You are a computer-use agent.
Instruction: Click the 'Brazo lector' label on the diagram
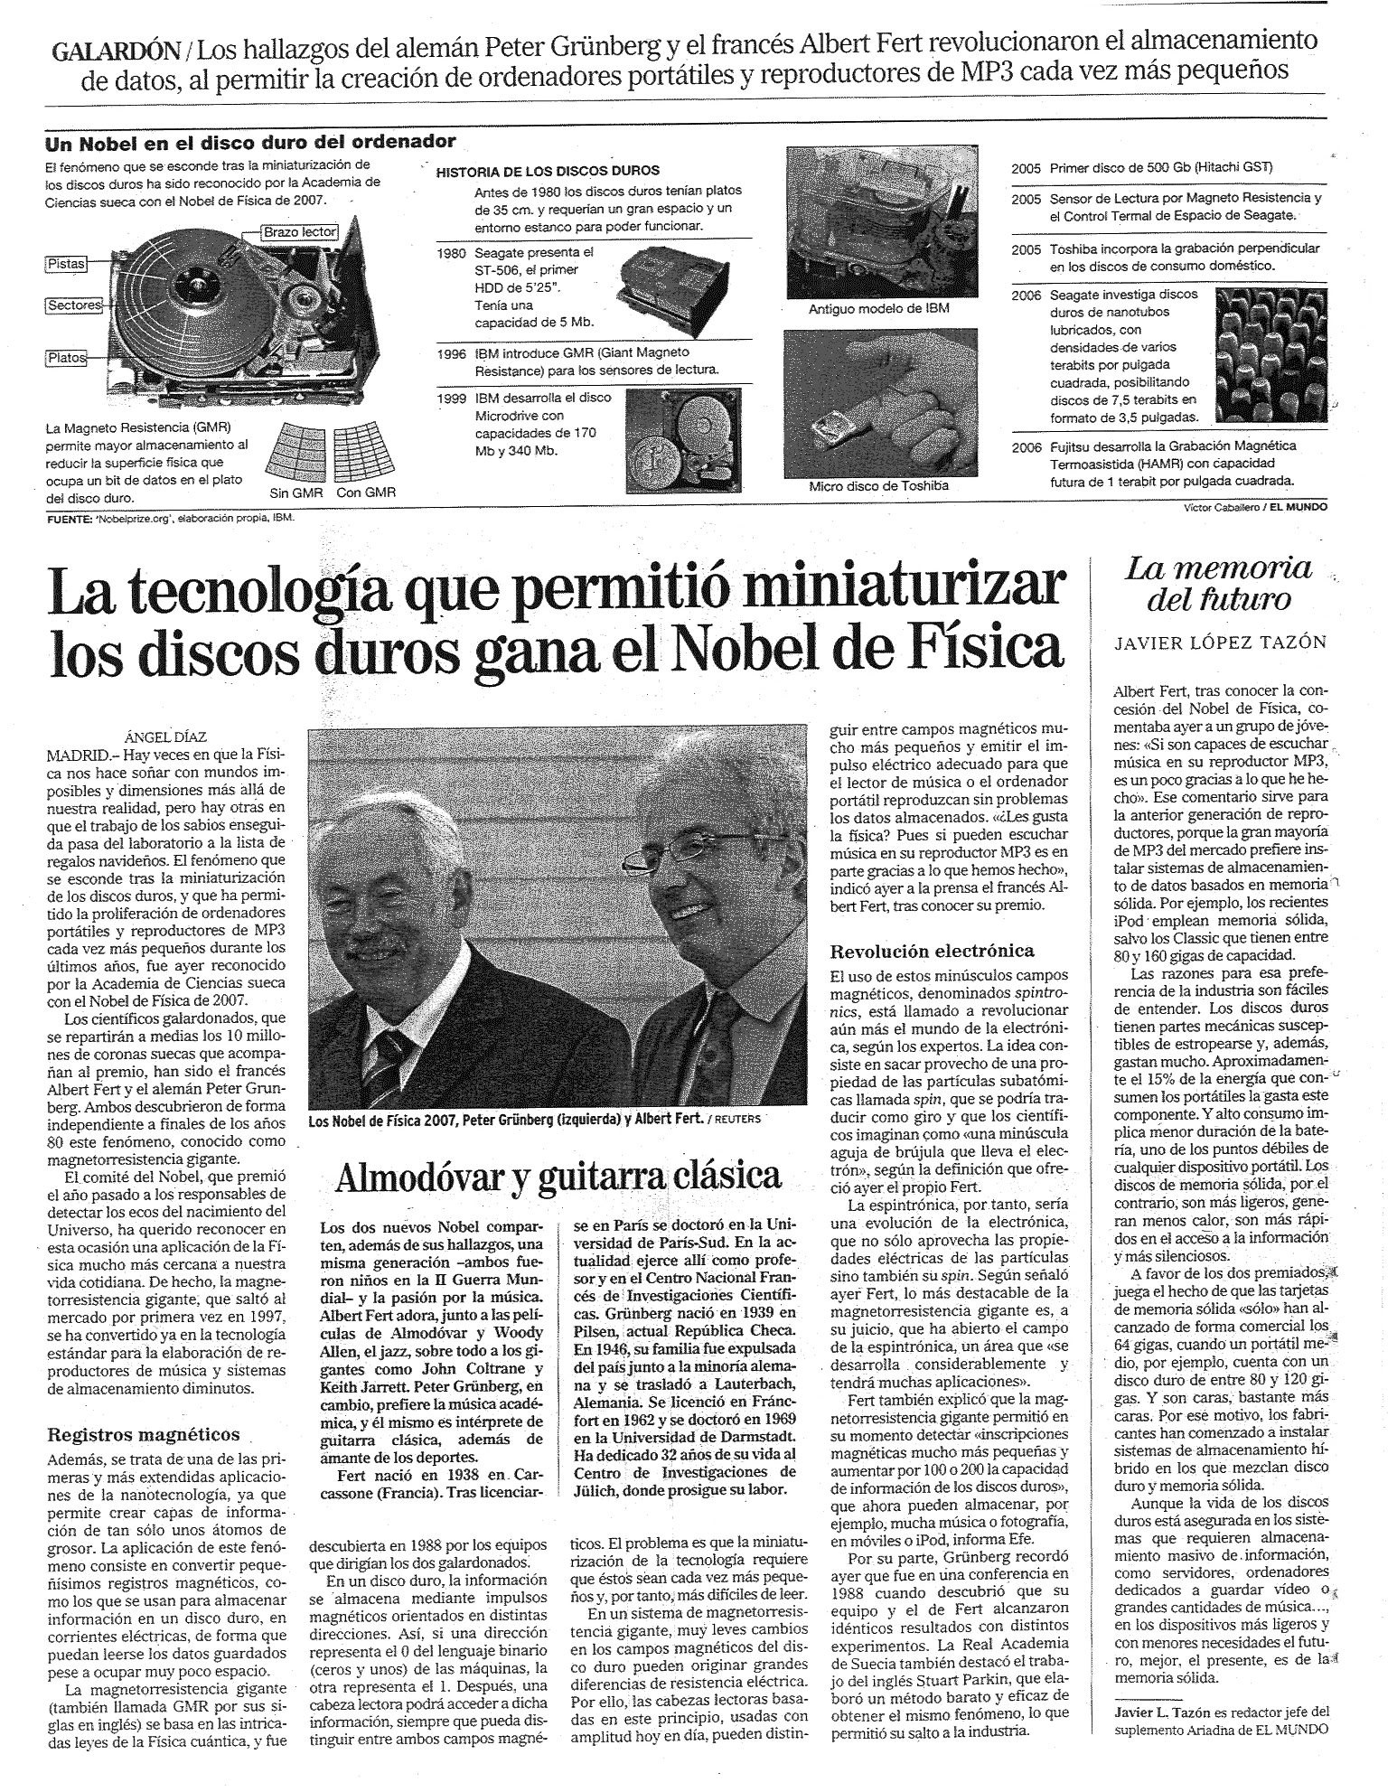pyautogui.click(x=299, y=232)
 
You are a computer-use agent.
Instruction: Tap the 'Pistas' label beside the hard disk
pyautogui.click(x=65, y=264)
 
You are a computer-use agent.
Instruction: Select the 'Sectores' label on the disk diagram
pyautogui.click(x=72, y=305)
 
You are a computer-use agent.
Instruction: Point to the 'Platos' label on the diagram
pyautogui.click(x=65, y=358)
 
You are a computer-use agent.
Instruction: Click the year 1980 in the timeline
pyautogui.click(x=450, y=252)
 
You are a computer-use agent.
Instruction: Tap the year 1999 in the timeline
pyautogui.click(x=450, y=398)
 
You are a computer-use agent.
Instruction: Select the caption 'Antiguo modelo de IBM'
pyautogui.click(x=878, y=309)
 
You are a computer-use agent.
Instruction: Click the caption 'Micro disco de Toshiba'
pyautogui.click(x=878, y=486)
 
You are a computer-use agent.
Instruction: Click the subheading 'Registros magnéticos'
pyautogui.click(x=144, y=1433)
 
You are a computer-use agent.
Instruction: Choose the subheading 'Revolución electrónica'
pyautogui.click(x=932, y=951)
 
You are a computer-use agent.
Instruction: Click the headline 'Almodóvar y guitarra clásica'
pyautogui.click(x=558, y=1175)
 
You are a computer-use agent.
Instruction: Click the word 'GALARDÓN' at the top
pyautogui.click(x=119, y=51)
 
